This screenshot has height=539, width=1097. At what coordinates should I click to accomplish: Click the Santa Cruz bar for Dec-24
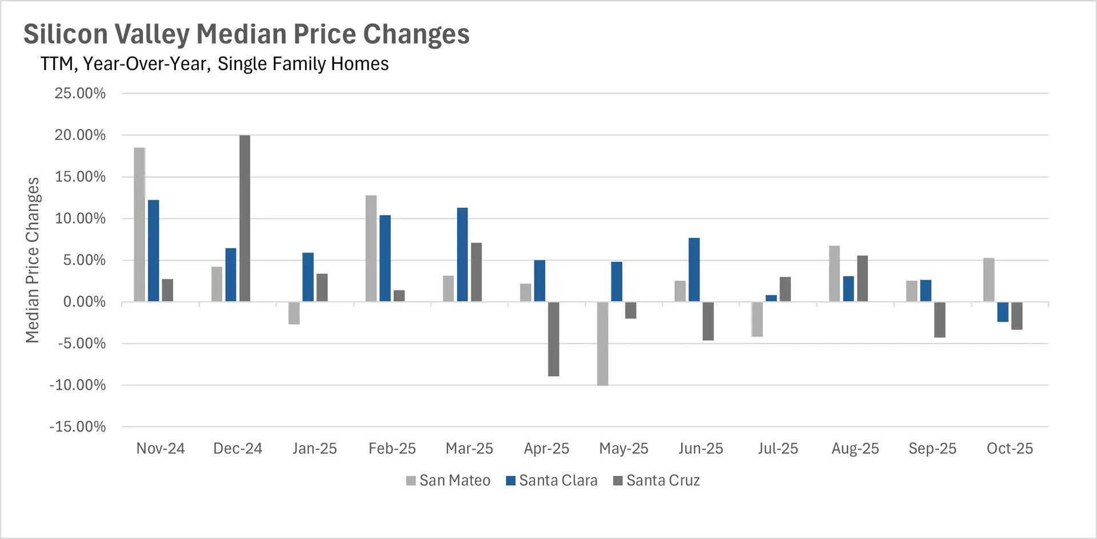245,218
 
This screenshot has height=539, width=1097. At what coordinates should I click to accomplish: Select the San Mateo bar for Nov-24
139,225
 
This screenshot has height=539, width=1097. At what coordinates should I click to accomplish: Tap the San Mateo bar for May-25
602,344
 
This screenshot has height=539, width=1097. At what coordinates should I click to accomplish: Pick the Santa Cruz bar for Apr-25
553,339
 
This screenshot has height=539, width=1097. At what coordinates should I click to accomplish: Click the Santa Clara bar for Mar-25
462,255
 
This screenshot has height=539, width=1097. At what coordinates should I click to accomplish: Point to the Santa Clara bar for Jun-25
694,270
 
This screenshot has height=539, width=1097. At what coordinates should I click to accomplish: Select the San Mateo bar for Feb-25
371,249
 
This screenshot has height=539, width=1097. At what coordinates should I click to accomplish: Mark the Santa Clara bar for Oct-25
1003,312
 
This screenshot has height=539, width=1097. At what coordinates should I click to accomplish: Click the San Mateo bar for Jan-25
294,313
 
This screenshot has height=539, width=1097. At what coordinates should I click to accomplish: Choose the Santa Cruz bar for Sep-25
939,320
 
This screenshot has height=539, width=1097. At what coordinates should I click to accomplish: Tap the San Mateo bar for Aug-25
834,274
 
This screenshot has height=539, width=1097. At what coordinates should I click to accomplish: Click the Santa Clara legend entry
552,481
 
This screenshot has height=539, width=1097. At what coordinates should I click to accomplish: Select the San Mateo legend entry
449,481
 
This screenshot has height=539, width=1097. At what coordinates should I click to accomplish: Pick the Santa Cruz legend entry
656,481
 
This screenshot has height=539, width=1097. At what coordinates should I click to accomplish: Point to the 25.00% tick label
80,93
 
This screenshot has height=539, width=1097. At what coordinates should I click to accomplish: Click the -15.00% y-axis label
78,427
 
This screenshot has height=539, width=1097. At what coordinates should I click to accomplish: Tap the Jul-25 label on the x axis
778,449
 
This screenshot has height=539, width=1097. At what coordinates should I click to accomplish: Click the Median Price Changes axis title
33,260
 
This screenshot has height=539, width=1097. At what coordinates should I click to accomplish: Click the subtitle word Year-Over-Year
147,63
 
